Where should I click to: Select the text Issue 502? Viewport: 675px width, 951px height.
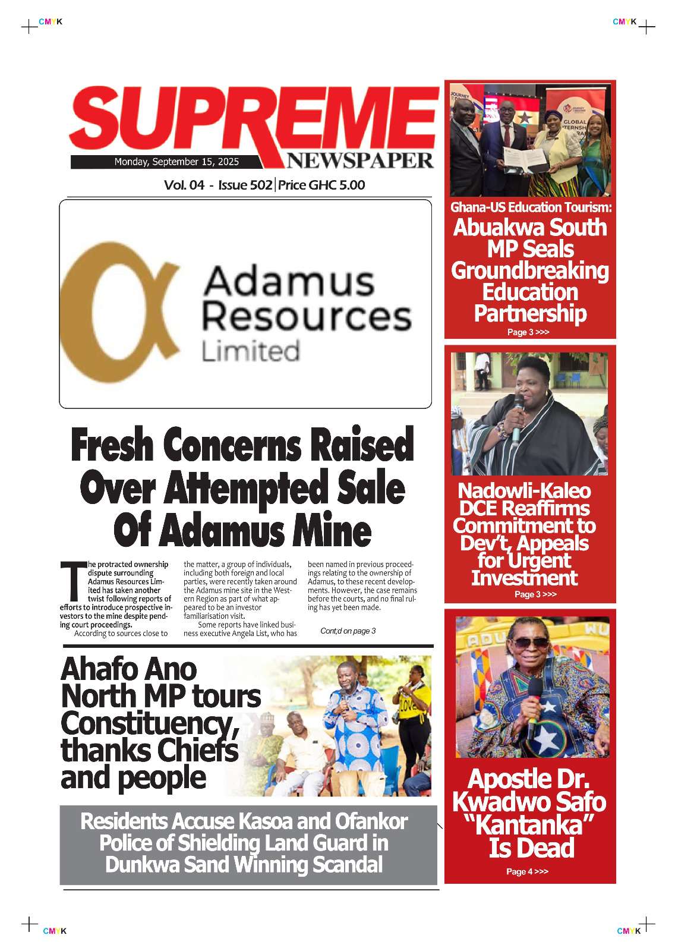click(245, 185)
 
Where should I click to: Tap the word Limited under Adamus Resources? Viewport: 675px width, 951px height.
click(250, 351)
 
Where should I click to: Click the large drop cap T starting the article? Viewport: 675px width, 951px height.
click(72, 581)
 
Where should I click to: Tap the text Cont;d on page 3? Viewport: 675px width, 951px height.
click(348, 631)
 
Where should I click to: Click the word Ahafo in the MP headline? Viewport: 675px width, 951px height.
click(99, 670)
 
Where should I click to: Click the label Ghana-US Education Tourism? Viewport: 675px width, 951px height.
click(531, 207)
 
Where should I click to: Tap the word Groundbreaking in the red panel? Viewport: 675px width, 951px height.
click(530, 271)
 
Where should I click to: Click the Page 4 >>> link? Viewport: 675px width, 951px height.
click(527, 872)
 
